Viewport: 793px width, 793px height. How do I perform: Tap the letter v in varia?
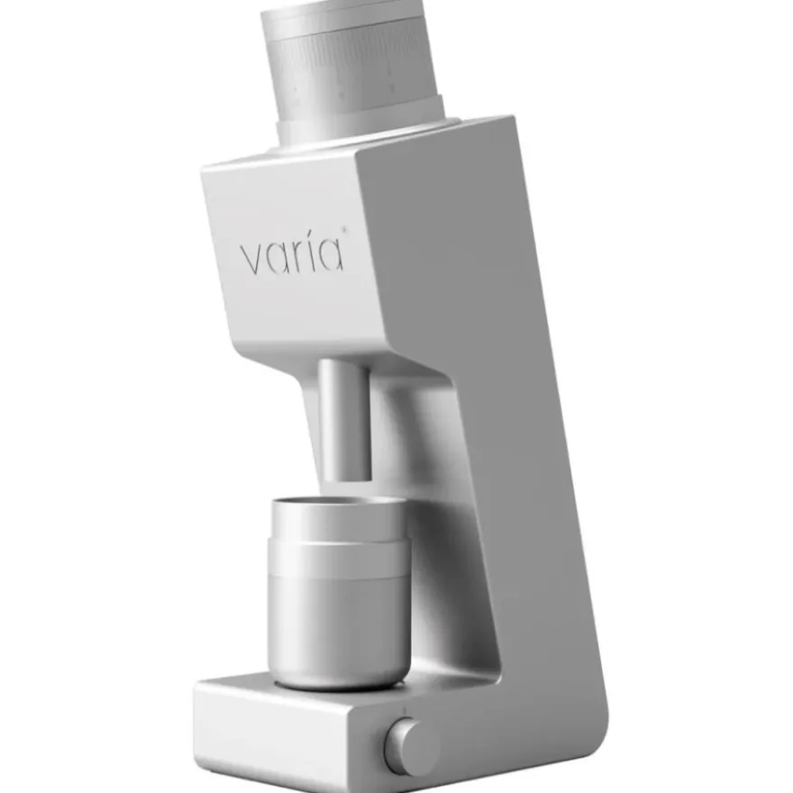252,260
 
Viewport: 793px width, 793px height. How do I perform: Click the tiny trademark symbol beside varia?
345,231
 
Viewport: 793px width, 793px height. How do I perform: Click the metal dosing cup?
338,592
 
